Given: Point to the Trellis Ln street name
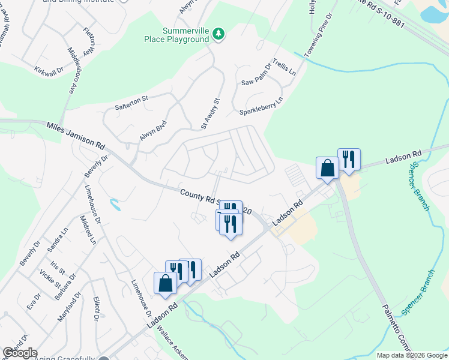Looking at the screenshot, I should (284, 67).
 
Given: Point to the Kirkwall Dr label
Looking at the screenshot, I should (49, 71).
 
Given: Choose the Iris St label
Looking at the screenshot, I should (56, 266).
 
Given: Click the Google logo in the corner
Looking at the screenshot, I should (19, 353).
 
